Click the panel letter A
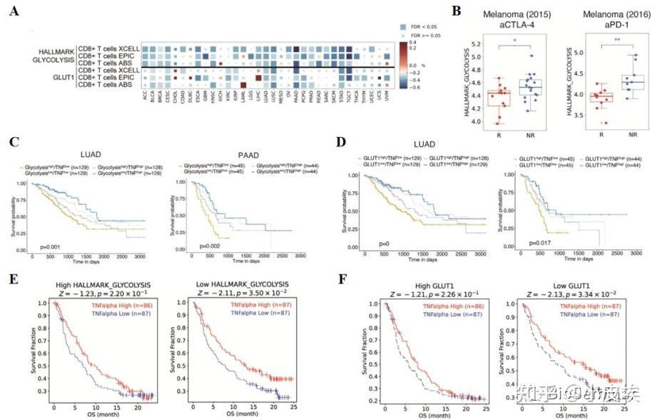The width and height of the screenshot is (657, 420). pos(14,12)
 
